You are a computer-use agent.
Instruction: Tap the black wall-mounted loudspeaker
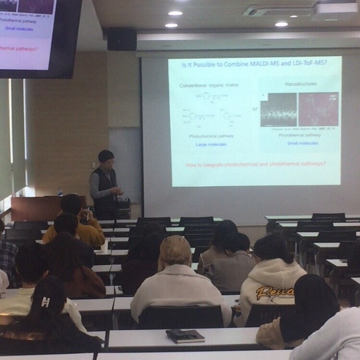click(121, 39)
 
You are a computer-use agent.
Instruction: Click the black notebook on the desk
click(185, 336)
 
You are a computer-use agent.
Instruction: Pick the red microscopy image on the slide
click(318, 109)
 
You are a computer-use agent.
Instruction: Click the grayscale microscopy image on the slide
click(278, 110)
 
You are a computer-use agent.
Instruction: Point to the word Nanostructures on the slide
click(301, 84)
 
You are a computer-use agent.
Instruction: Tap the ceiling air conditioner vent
click(279, 11)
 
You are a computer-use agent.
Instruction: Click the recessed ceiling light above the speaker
click(171, 25)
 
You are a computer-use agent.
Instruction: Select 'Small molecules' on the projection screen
click(302, 143)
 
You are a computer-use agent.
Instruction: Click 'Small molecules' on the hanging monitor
click(19, 28)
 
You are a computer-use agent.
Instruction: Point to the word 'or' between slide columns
click(255, 109)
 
